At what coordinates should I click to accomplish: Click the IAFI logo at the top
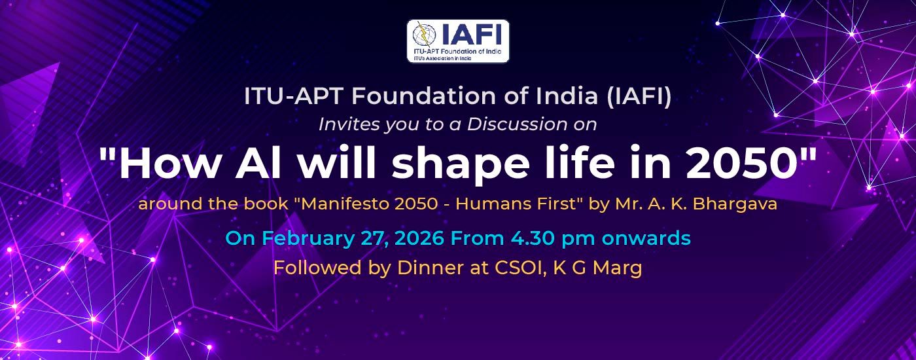pyautogui.click(x=458, y=41)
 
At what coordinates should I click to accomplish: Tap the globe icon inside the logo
pyautogui.click(x=424, y=34)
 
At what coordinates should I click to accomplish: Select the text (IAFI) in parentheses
pyautogui.click(x=639, y=97)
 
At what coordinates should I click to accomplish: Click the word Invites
pyautogui.click(x=347, y=124)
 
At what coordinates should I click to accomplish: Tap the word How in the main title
pyautogui.click(x=169, y=163)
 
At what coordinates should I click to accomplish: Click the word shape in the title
pyautogui.click(x=460, y=165)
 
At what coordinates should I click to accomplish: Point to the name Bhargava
pyautogui.click(x=734, y=204)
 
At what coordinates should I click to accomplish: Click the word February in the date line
pyautogui.click(x=308, y=238)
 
